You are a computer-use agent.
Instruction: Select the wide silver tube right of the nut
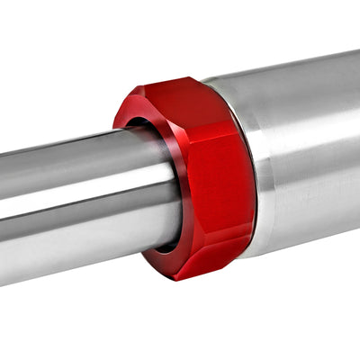coord(306,153)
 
